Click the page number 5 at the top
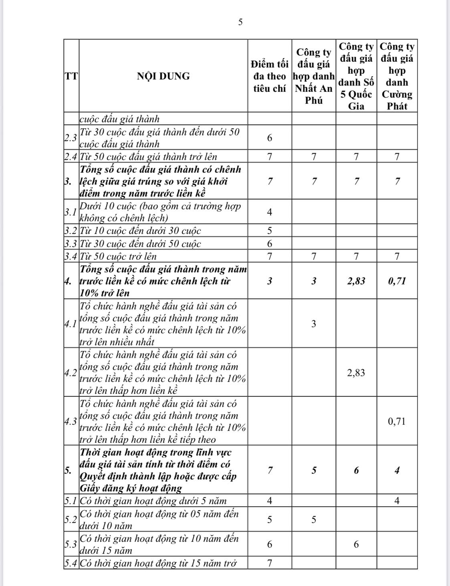[x=240, y=22]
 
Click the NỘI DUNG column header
[x=163, y=76]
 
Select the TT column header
[x=71, y=76]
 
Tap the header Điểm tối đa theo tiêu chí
[x=270, y=76]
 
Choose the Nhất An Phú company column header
[x=314, y=76]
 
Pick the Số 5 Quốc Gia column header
[x=356, y=76]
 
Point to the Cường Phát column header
[x=397, y=76]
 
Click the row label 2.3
[x=71, y=138]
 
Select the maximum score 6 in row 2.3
[x=270, y=138]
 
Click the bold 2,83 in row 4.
[x=356, y=281]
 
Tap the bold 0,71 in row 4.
[x=397, y=281]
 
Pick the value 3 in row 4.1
[x=314, y=324]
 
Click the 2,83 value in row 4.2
[x=356, y=373]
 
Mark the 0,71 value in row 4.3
[x=397, y=421]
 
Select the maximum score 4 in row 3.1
[x=270, y=212]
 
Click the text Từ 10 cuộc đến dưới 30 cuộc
[x=141, y=231]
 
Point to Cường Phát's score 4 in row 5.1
[x=397, y=501]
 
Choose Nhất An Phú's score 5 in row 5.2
[x=314, y=519]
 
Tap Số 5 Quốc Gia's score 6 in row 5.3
[x=356, y=544]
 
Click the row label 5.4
[x=71, y=563]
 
